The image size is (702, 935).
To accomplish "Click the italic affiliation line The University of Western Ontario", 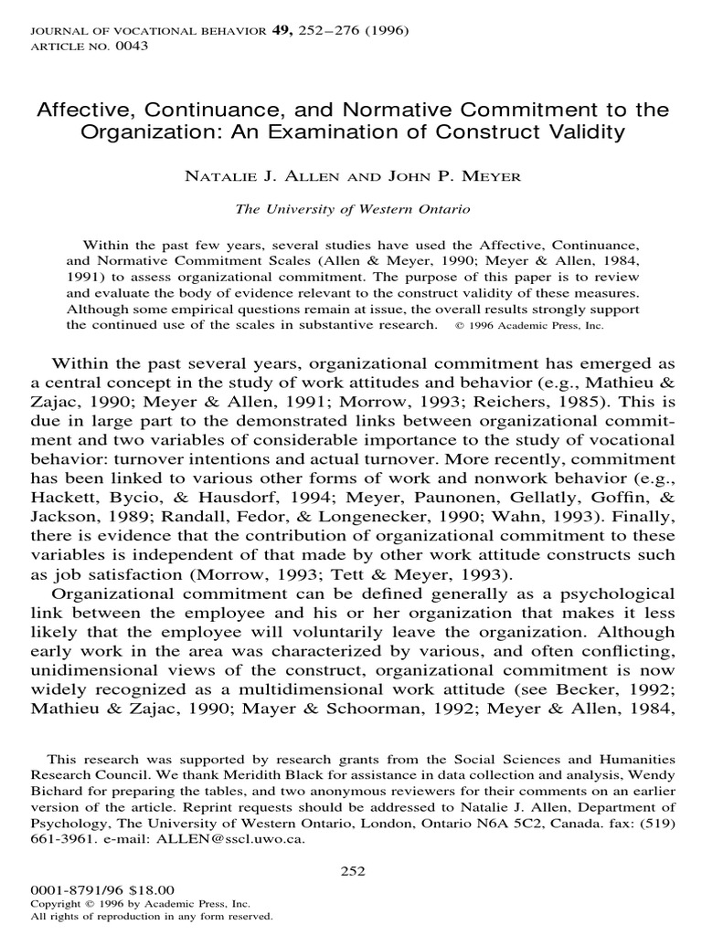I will tap(352, 209).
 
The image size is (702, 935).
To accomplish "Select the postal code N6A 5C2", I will tap(519, 823).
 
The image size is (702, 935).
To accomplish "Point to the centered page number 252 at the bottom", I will tap(351, 871).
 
